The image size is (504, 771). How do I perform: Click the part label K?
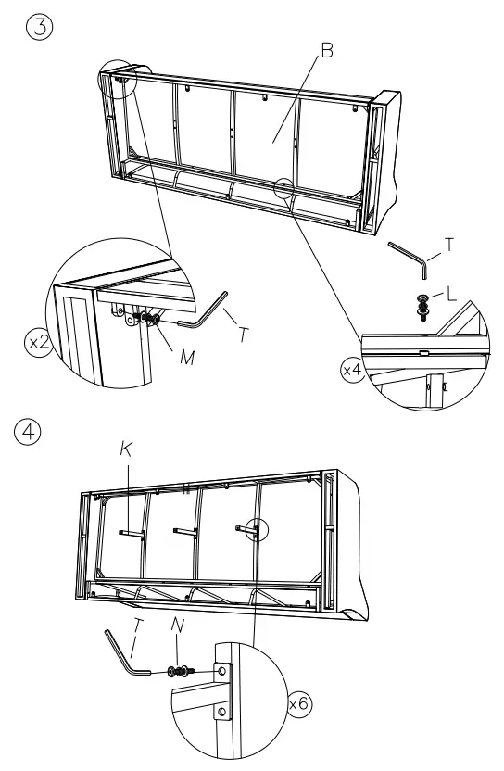127,451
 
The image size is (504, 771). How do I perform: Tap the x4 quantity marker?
352,370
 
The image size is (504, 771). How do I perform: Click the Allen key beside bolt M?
204,310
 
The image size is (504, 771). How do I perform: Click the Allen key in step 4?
126,654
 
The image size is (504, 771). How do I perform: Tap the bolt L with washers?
423,305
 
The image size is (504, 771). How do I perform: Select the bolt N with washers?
178,670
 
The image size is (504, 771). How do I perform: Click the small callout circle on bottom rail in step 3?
284,188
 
